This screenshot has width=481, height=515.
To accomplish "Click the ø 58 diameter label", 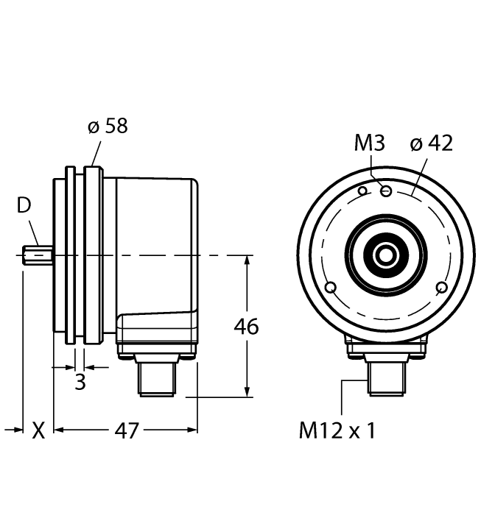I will tap(108, 126).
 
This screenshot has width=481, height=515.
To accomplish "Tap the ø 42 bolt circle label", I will tap(431, 143).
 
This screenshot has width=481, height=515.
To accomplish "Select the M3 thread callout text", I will tap(370, 143).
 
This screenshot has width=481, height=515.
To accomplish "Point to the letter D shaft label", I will tap(24, 206).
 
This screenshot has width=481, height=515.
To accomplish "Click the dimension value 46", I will tap(246, 326).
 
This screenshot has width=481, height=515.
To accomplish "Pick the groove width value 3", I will tap(80, 382).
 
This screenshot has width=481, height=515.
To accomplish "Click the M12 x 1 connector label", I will tap(337, 430).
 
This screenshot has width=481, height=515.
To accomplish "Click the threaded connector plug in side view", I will tap(156, 379).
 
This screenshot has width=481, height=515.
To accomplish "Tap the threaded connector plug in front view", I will tap(386, 378).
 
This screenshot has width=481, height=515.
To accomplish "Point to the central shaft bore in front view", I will tap(386, 255).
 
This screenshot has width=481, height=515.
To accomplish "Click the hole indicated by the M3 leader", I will tap(385, 191).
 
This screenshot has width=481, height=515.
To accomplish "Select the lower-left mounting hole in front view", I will tap(331, 286).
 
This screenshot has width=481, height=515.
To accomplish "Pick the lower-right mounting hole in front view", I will tap(442, 286).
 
